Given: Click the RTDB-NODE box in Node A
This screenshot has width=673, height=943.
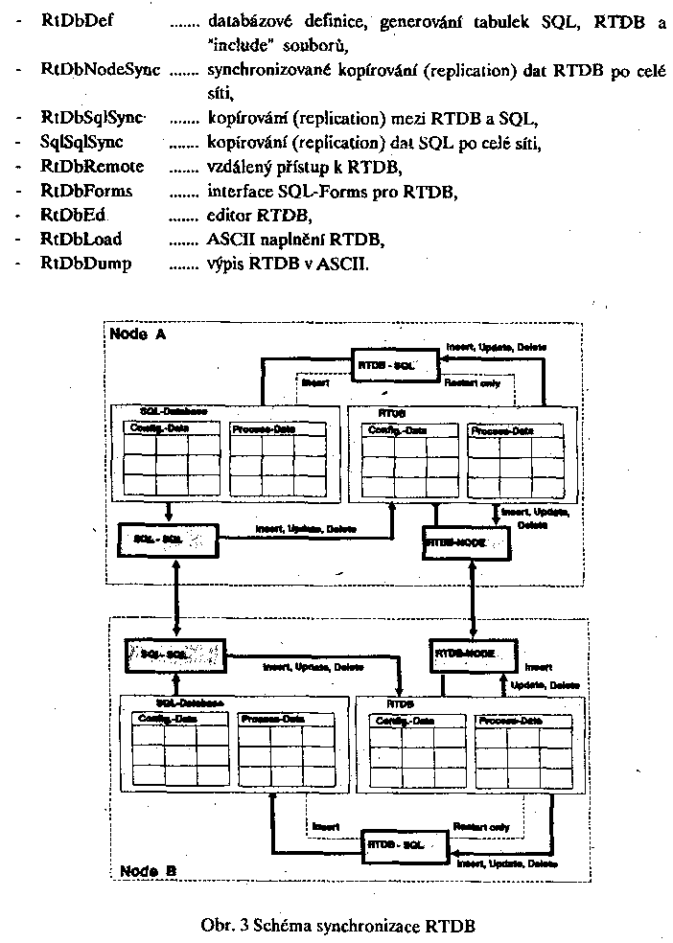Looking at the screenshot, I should coord(458,543).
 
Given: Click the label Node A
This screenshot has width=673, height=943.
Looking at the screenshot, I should coord(137,333).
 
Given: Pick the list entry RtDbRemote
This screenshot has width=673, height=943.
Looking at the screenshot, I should coord(92,167).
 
